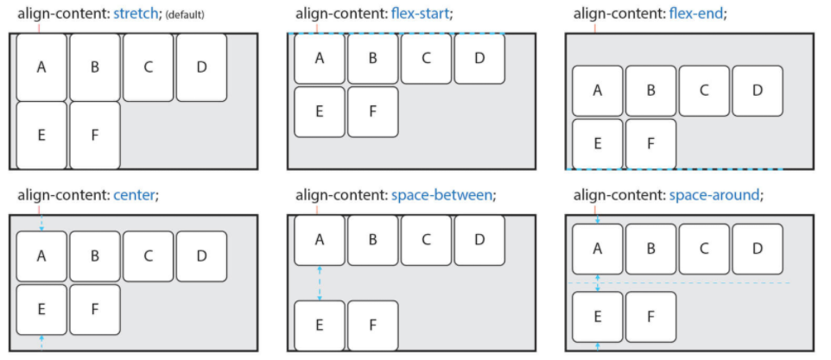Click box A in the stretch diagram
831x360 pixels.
41,67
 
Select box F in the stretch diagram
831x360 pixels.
95,135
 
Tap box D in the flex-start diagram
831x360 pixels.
479,59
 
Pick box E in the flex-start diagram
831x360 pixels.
320,111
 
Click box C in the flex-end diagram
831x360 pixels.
704,91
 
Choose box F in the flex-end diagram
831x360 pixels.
650,143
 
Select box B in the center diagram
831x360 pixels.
95,256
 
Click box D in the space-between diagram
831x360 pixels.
479,240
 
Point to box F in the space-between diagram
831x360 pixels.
373,325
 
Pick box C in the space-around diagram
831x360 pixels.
704,249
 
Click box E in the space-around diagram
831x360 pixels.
597,316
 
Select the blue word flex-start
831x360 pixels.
421,15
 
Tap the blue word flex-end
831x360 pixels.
697,15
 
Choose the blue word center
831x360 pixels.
134,195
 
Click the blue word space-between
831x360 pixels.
441,195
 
